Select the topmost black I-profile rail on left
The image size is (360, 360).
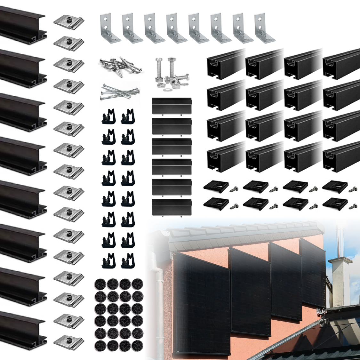pos(22,24)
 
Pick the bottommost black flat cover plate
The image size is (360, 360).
pos(172,208)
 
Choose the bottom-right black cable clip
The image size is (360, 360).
pos(128,261)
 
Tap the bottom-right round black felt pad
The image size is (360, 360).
pos(137,345)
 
